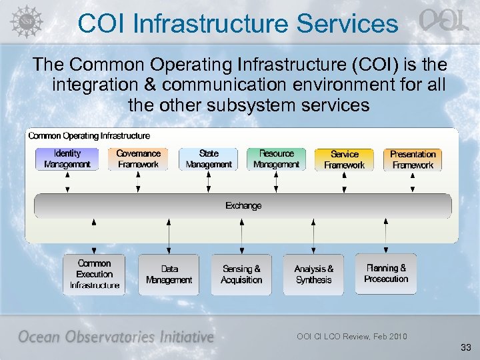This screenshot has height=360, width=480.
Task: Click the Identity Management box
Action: click(x=67, y=159)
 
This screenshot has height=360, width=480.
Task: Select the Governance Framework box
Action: click(x=138, y=159)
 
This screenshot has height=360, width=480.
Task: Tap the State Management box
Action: click(x=209, y=159)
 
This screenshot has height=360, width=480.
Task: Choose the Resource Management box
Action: click(x=276, y=159)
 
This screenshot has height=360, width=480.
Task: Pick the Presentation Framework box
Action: click(x=413, y=159)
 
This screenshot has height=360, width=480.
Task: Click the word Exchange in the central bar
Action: click(x=243, y=206)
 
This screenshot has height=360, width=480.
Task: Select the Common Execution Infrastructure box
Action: click(x=95, y=274)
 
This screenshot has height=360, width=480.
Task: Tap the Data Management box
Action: click(x=169, y=275)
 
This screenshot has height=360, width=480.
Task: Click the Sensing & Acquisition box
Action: click(x=241, y=275)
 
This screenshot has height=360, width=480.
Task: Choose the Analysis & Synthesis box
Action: click(x=313, y=274)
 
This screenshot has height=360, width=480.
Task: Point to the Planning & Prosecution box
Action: click(x=386, y=273)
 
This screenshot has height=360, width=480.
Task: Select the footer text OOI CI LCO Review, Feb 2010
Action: click(x=351, y=336)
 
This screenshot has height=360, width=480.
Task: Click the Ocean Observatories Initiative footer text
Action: click(x=116, y=337)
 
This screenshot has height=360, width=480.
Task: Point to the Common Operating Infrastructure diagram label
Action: click(x=89, y=136)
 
